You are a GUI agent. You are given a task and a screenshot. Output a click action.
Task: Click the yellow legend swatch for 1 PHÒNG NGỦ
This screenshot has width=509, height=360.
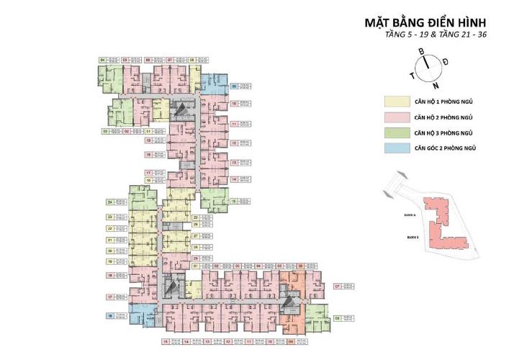[395, 102]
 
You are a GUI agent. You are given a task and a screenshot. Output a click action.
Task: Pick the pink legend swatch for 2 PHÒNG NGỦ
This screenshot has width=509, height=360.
[395, 117]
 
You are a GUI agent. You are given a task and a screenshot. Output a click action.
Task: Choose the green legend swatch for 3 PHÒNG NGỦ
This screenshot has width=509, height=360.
[395, 132]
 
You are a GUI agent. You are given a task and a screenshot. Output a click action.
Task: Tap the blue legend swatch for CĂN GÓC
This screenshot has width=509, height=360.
[395, 148]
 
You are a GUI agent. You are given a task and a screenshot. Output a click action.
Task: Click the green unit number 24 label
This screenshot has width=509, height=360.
[110, 203]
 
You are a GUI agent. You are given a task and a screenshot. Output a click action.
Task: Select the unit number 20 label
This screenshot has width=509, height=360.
[110, 251]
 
